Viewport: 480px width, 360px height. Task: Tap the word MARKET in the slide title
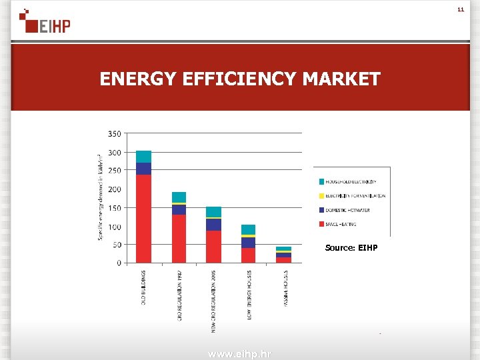341,79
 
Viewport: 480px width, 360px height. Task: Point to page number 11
460,10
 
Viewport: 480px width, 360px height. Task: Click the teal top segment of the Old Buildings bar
143,157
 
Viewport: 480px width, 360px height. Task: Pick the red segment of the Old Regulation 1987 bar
179,238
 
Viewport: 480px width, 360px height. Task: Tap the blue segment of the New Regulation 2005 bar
213,225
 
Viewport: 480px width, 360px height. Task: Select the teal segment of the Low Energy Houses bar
248,229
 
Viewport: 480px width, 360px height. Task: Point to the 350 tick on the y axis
114,134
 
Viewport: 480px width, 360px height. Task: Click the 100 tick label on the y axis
114,227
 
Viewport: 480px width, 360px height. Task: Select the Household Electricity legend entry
351,181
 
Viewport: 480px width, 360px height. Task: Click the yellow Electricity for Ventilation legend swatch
321,196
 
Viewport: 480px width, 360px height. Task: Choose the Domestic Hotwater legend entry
347,210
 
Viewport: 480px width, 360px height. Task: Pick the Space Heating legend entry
341,225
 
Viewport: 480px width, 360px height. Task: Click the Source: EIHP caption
351,248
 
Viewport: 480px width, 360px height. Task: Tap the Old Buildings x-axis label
143,287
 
